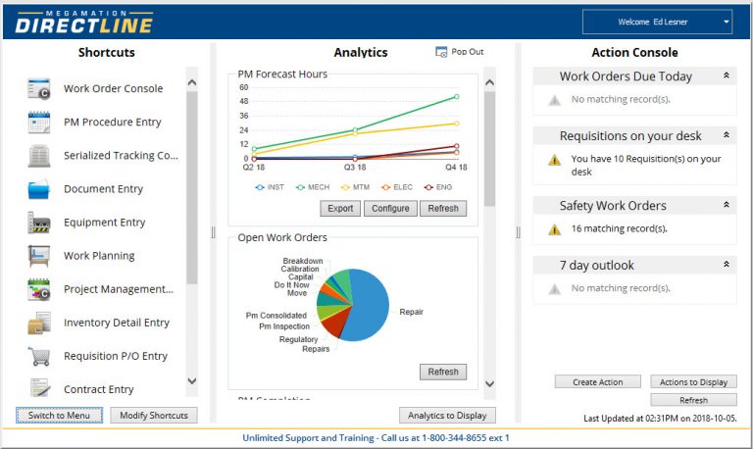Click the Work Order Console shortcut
coord(113,88)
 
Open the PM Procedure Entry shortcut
coord(112,123)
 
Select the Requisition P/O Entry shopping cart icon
coord(39,356)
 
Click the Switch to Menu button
coord(59,415)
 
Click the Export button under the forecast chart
coord(340,209)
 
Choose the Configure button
coord(390,209)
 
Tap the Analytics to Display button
coord(447,415)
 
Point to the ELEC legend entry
coord(397,186)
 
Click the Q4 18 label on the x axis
coord(455,168)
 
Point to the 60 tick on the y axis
coord(243,87)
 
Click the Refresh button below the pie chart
coord(443,372)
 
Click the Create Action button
coord(597,382)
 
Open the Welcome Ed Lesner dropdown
coord(657,22)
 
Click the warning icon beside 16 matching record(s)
coord(554,229)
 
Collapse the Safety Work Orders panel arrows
coord(726,206)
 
